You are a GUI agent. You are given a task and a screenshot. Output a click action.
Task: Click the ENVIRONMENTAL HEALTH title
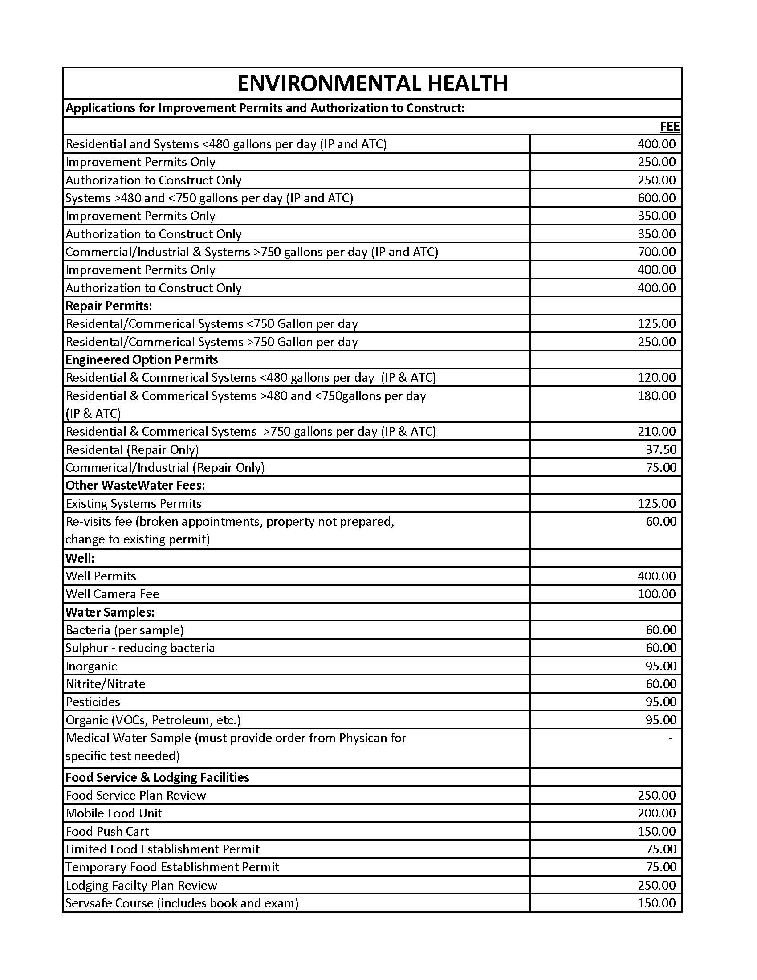click(x=372, y=83)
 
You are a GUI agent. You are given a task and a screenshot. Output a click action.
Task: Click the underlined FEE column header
click(x=670, y=127)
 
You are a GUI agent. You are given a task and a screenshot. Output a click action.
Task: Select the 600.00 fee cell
click(x=656, y=198)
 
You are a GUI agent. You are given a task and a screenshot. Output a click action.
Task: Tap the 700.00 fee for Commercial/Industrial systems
click(x=656, y=252)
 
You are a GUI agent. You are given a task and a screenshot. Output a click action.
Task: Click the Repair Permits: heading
click(x=109, y=306)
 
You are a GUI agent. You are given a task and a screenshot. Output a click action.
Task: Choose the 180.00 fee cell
click(x=656, y=395)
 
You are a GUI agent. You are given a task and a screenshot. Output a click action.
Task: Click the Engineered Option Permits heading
click(x=141, y=359)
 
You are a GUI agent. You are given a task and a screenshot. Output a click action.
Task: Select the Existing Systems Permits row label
click(x=133, y=503)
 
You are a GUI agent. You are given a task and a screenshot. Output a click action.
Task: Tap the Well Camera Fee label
click(x=112, y=594)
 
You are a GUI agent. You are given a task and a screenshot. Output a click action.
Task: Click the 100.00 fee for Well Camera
click(x=656, y=594)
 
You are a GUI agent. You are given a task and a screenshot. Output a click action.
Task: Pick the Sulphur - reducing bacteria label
click(x=140, y=648)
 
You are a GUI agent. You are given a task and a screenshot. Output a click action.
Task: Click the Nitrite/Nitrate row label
click(x=106, y=684)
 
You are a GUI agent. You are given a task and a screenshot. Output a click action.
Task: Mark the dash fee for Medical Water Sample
click(x=670, y=738)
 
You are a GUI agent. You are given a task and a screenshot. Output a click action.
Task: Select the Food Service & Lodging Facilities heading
click(x=157, y=777)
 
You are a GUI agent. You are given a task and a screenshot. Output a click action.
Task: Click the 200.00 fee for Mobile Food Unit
click(x=656, y=813)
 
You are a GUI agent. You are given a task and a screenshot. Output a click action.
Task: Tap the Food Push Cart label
click(x=107, y=831)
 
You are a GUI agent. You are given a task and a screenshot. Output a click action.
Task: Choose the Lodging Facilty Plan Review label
click(x=141, y=885)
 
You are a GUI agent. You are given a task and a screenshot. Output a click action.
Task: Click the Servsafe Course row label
click(x=182, y=903)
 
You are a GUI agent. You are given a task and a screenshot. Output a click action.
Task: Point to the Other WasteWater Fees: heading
click(x=135, y=485)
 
